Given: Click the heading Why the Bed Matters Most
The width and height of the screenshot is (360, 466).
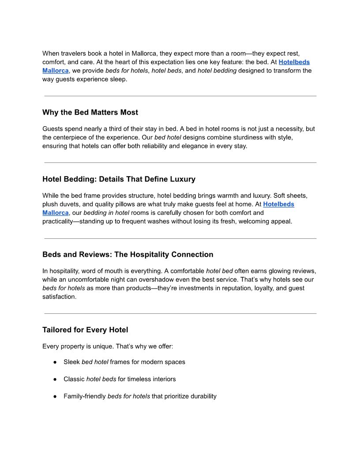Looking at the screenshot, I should (90, 113).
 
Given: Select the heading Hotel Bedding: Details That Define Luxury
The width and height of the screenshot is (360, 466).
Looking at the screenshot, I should (119, 179).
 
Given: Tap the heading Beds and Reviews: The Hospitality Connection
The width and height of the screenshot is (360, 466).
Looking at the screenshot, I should (127, 255).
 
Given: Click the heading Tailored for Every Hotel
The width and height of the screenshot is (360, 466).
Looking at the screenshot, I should (85, 330).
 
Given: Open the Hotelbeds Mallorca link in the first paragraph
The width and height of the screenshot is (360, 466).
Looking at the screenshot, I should (294, 62).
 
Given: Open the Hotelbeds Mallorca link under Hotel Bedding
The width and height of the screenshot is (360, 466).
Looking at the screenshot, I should (278, 204).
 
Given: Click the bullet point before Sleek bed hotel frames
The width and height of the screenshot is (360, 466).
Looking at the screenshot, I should (56, 362).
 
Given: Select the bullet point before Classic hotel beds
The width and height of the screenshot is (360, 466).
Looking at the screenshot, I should (56, 379).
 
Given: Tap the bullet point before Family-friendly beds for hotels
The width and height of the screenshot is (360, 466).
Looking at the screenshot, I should (56, 396).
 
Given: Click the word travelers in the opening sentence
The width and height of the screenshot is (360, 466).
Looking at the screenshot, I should (74, 53).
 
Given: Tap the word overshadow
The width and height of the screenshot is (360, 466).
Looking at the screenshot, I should (204, 280).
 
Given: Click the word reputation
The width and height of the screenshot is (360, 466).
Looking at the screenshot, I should (229, 288).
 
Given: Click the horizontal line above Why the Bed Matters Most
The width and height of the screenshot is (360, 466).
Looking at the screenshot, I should (180, 96).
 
